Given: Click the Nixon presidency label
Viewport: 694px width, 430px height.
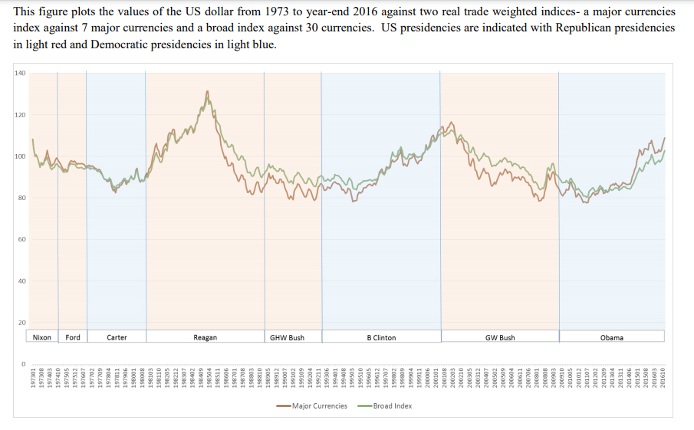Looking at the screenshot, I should pos(42,337).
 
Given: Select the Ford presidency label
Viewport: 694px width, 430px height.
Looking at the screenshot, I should pos(73,337).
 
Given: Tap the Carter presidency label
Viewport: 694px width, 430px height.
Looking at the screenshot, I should pos(117,337).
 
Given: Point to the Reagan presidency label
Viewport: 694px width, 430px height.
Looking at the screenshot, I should pos(205,337).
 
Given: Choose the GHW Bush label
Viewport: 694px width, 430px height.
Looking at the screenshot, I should pos(287,337).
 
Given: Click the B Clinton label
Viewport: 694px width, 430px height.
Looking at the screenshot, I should pos(381,337).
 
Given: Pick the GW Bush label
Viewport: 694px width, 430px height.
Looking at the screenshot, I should pos(500,337).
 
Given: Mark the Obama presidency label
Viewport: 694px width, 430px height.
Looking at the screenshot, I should pos(611,337).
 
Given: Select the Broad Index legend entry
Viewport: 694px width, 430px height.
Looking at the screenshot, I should pos(392,405).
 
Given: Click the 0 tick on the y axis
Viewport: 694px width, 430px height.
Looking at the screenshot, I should pos(23,363).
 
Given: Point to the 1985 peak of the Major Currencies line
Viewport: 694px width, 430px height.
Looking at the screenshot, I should pos(207,91).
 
